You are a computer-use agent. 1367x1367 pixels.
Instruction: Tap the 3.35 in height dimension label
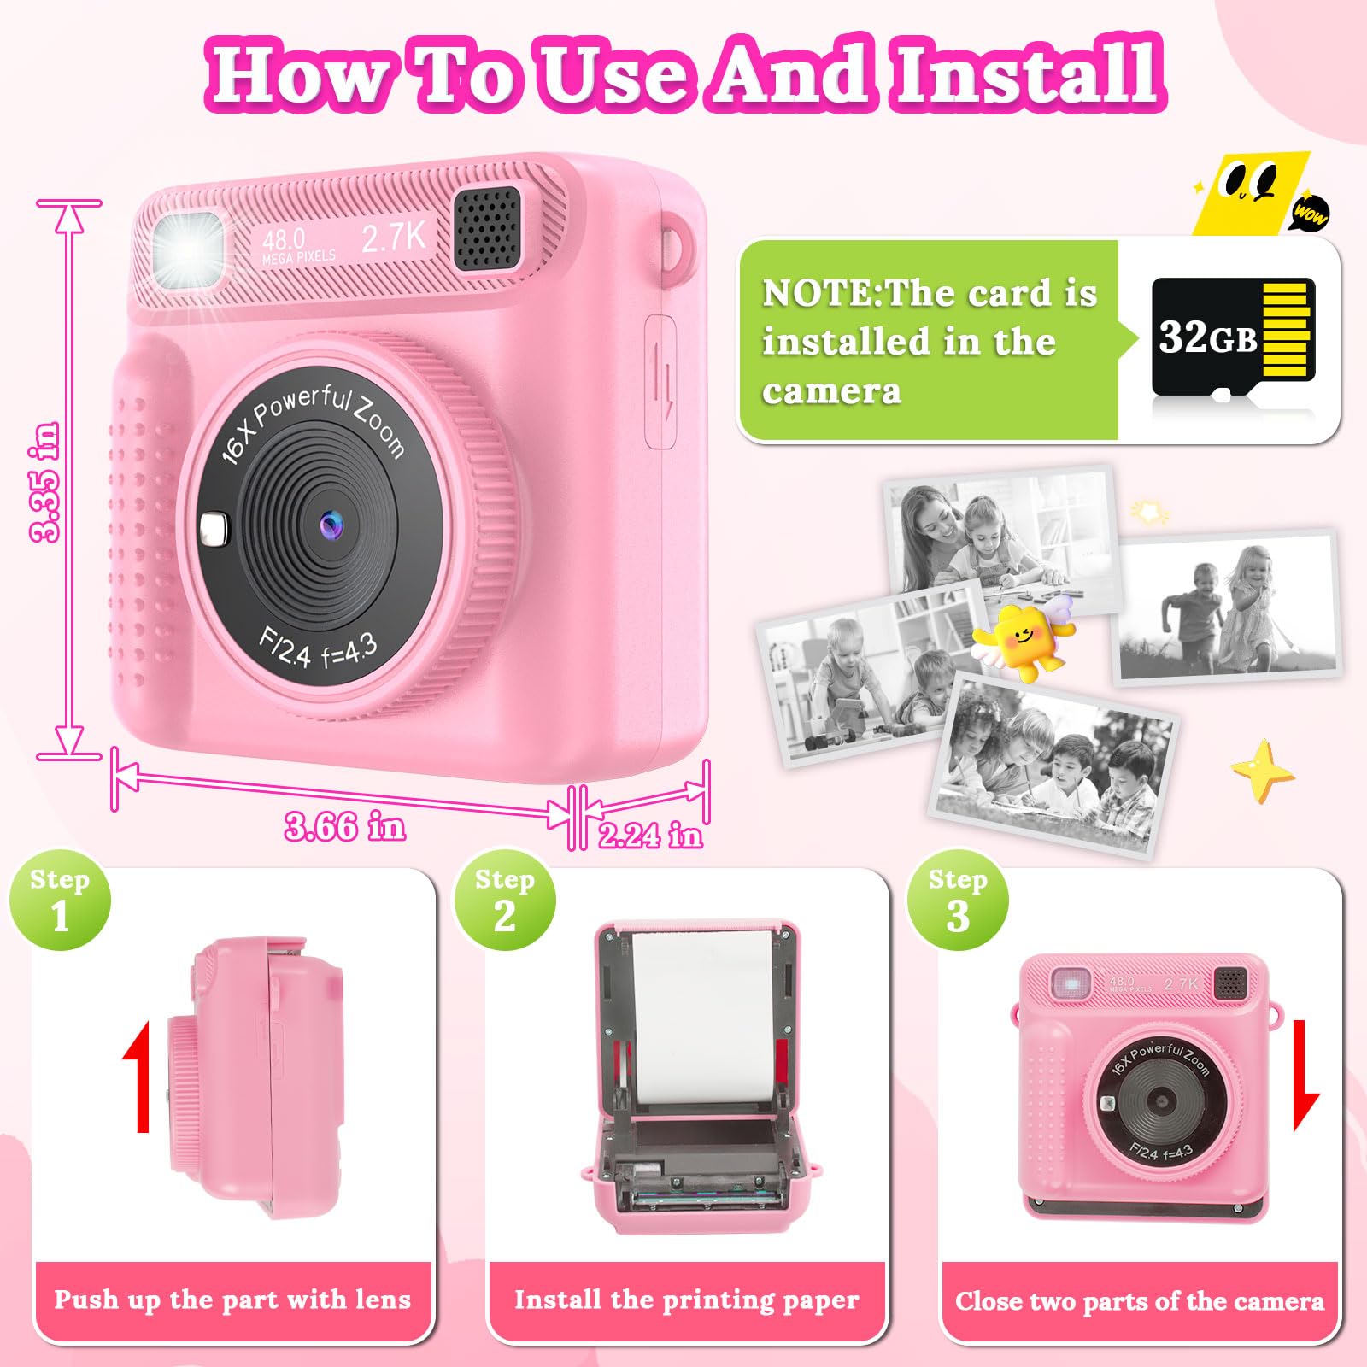point(45,482)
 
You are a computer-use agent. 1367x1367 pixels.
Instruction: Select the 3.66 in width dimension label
point(344,827)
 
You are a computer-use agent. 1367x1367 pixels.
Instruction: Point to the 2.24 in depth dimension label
point(650,835)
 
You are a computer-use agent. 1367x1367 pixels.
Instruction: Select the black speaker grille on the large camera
point(487,228)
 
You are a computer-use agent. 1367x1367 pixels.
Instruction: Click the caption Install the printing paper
point(686,1300)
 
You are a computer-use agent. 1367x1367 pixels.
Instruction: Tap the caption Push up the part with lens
point(232,1300)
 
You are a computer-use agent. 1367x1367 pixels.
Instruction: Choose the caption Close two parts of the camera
point(1140,1301)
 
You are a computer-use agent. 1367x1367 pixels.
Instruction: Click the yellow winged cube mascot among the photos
point(1025,637)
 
